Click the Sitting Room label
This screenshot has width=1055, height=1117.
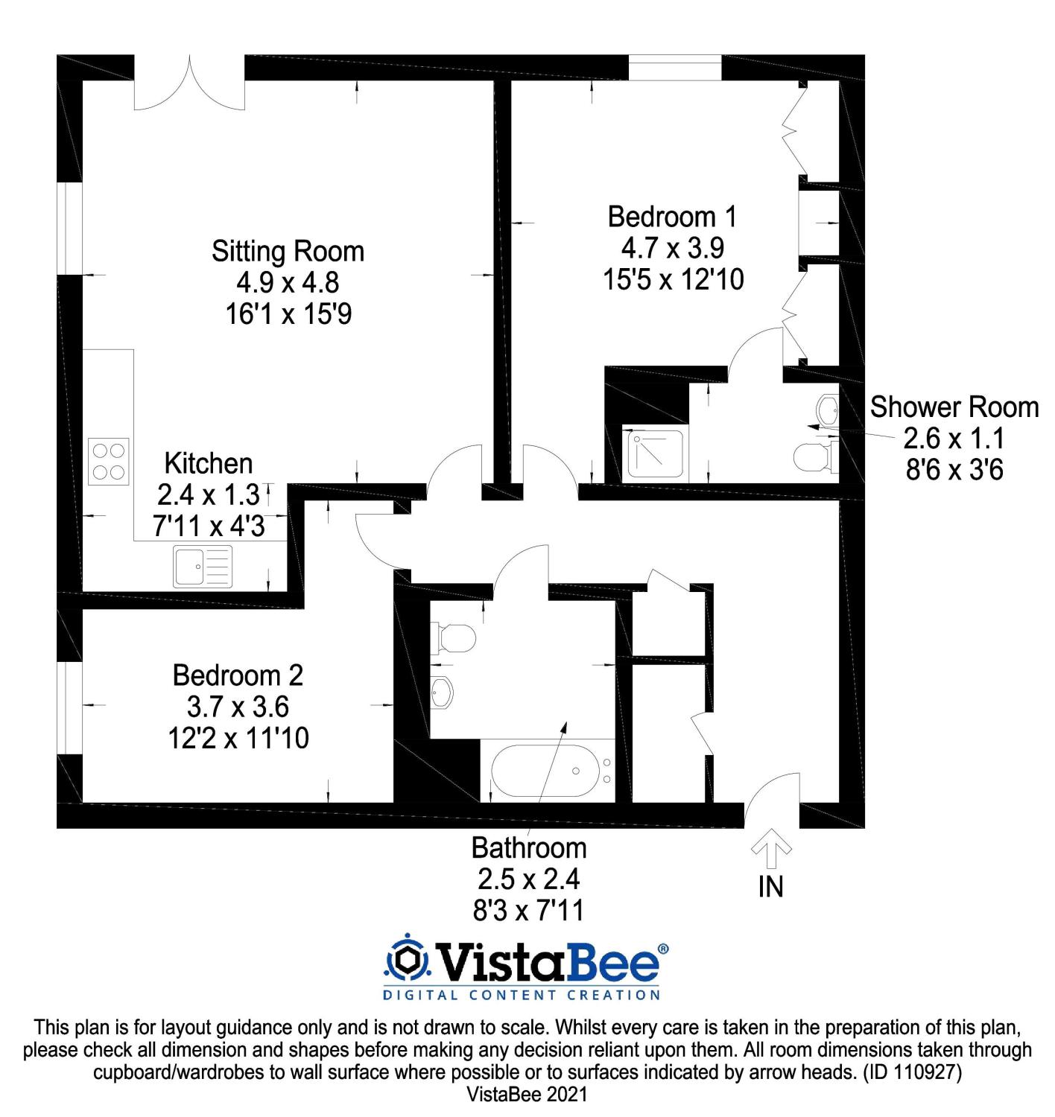point(288,252)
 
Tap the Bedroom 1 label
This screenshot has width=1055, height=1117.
point(672,217)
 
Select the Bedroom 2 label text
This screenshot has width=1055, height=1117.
point(238,675)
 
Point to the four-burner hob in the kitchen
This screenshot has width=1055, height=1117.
point(108,462)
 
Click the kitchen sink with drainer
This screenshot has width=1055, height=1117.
point(203,566)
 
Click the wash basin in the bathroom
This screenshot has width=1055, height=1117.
point(441,692)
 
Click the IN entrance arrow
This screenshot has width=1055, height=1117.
point(771,850)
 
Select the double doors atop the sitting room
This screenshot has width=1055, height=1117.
point(190,83)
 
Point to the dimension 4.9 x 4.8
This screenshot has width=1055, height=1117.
point(288,283)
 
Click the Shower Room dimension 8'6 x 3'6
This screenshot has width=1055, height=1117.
point(954,471)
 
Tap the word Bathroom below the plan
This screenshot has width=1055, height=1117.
point(529,848)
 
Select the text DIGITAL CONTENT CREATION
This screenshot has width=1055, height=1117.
point(522,994)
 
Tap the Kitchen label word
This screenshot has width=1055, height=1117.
point(209,463)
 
